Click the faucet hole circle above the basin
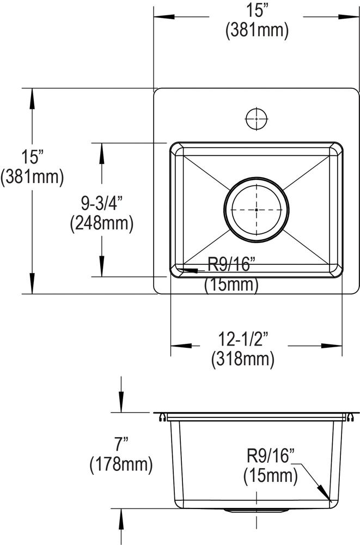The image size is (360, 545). [x=255, y=118]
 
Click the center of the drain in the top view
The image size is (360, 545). [x=256, y=209]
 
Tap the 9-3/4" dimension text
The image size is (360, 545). [x=101, y=203]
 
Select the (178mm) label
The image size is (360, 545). [x=120, y=464]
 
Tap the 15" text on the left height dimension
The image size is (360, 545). [x=32, y=158]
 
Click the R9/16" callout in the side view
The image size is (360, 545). [x=271, y=456]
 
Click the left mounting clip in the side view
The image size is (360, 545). [x=162, y=417]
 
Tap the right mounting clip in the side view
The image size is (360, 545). [x=351, y=417]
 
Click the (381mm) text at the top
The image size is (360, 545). [x=256, y=31]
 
